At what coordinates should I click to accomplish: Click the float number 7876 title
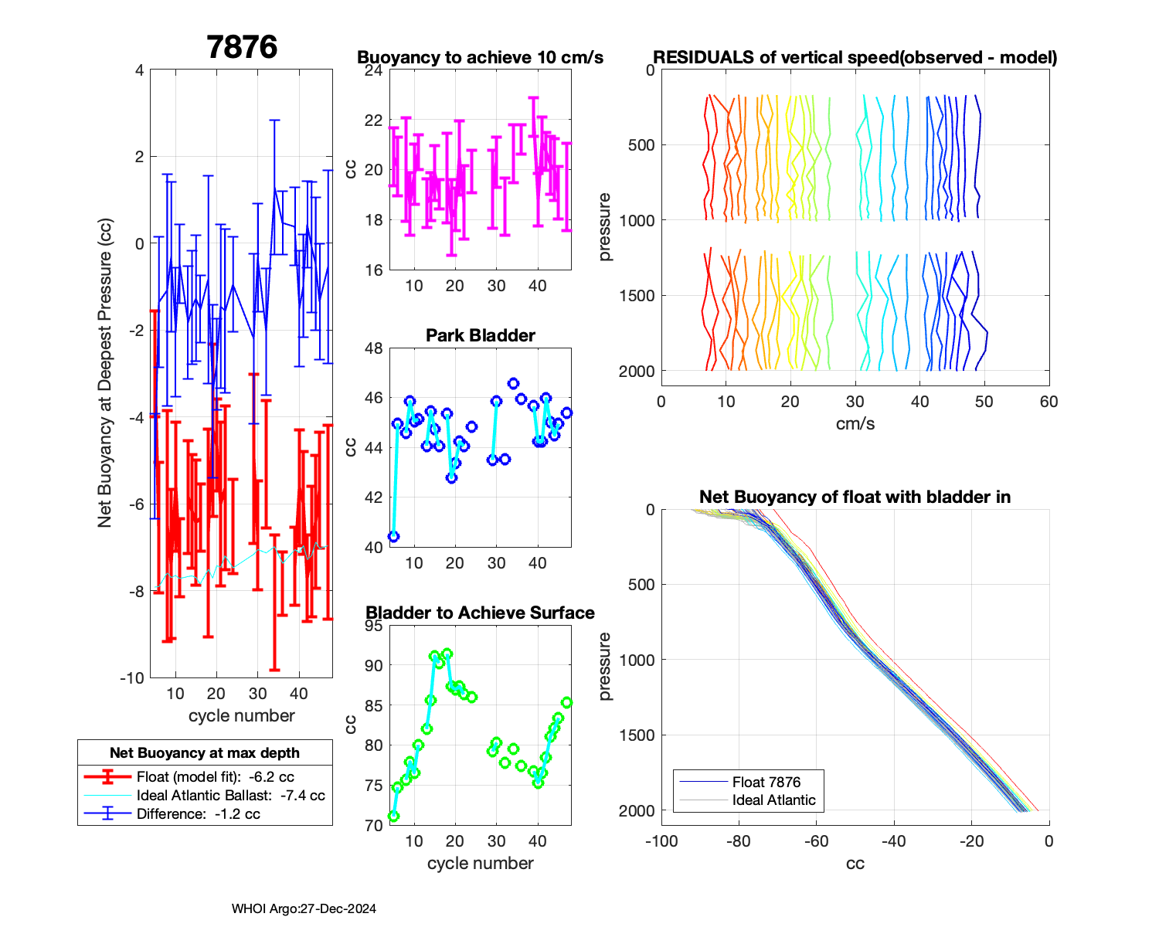pyautogui.click(x=242, y=47)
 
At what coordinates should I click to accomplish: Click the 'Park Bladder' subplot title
pyautogui.click(x=481, y=335)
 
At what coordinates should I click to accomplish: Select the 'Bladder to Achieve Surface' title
pyautogui.click(x=480, y=613)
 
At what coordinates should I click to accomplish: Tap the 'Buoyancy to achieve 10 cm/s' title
pyautogui.click(x=480, y=57)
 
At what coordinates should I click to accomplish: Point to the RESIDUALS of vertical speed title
pyautogui.click(x=855, y=57)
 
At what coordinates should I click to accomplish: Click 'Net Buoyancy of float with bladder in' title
pyautogui.click(x=855, y=497)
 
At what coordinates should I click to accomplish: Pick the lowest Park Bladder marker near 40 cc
pyautogui.click(x=393, y=536)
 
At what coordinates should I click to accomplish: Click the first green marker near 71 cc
pyautogui.click(x=393, y=816)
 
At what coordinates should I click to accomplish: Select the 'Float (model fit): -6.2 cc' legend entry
pyautogui.click(x=215, y=777)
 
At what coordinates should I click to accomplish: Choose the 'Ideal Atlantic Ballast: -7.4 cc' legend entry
pyautogui.click(x=230, y=796)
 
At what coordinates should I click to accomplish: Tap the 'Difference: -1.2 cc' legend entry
pyautogui.click(x=198, y=813)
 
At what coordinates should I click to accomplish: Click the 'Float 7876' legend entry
pyautogui.click(x=766, y=782)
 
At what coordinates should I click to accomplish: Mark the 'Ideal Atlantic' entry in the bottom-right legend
pyautogui.click(x=773, y=800)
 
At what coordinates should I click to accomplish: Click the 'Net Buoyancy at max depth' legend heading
pyautogui.click(x=205, y=753)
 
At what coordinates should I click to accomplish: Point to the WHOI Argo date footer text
pyautogui.click(x=304, y=908)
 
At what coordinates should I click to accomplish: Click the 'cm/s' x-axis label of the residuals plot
pyautogui.click(x=855, y=423)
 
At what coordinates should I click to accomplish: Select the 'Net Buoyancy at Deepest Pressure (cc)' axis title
pyautogui.click(x=105, y=374)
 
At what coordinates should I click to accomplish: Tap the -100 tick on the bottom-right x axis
pyautogui.click(x=661, y=841)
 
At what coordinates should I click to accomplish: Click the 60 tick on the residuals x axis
pyautogui.click(x=1049, y=402)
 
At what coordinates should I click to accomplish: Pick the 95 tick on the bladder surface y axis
pyautogui.click(x=374, y=626)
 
